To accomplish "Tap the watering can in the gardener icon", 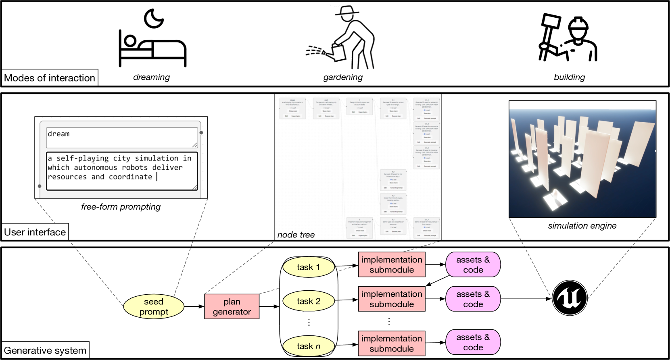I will [338, 52].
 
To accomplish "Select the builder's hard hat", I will [578, 25].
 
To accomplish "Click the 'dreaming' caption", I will [151, 77].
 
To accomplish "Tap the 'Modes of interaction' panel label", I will [50, 78].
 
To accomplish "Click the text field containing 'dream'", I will [121, 137].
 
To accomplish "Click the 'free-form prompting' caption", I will [121, 207].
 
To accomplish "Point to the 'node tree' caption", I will [296, 235].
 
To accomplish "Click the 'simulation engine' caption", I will [582, 226].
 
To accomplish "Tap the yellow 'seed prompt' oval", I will [154, 307].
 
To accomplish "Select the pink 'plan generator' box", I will [232, 307].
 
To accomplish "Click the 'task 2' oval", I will [309, 301].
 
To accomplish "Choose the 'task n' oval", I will [309, 346].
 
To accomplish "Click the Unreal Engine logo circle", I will [570, 298].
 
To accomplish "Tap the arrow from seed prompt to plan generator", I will [194, 307].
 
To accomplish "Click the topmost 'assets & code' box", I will [473, 265].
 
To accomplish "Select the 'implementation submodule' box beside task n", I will [391, 343].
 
